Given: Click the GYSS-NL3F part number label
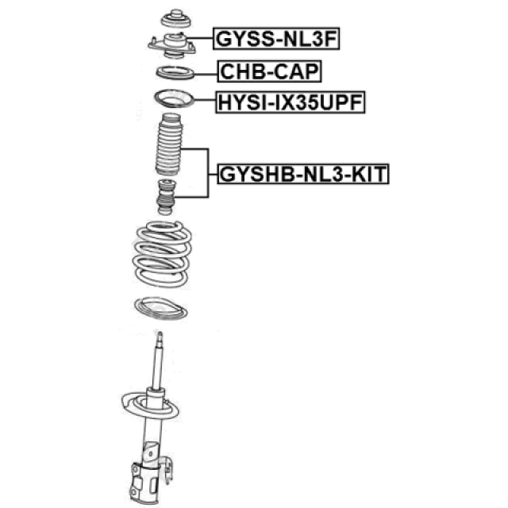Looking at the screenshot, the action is (276, 39).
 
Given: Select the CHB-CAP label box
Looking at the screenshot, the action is (269, 71).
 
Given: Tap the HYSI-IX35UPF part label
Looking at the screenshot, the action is (290, 102).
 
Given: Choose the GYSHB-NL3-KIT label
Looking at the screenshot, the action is (304, 174).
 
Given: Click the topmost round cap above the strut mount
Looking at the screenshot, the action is (176, 19).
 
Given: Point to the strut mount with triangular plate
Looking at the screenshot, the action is (172, 46).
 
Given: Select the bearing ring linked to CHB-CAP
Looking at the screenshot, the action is (175, 72).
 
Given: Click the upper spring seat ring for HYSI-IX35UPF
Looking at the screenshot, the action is (174, 98).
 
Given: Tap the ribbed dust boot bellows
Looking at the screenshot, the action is (169, 144).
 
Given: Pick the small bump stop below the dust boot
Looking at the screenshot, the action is (166, 197).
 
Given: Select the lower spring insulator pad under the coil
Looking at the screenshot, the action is (161, 308).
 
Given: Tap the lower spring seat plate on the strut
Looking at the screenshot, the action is (150, 405).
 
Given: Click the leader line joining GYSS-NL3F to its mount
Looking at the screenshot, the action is (200, 38).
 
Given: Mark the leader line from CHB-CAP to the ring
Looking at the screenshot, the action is (206, 74).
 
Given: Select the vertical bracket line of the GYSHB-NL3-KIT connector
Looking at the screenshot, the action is (208, 173).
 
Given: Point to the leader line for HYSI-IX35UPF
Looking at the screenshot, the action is (204, 100).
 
